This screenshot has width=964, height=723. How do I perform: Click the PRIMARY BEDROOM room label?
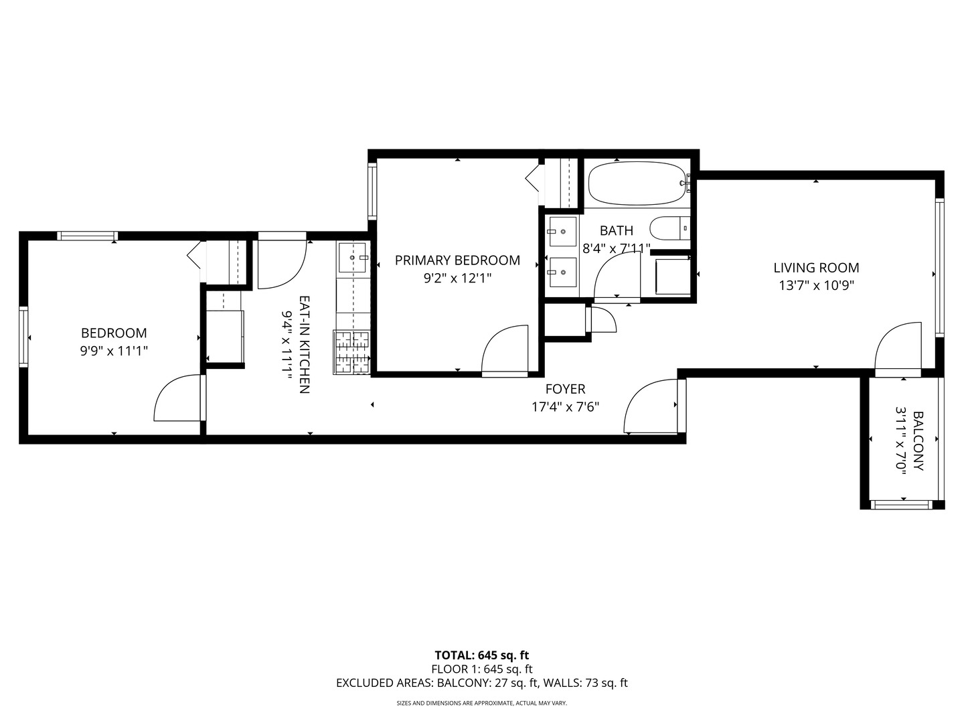(x=457, y=260)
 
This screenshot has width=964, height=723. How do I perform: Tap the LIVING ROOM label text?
(x=816, y=268)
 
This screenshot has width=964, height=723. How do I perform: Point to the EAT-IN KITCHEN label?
(x=303, y=345)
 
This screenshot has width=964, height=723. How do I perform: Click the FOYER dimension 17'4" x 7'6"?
(x=565, y=406)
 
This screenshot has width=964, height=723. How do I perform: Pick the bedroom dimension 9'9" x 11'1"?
(x=114, y=349)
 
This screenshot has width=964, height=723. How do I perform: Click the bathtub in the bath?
(x=637, y=183)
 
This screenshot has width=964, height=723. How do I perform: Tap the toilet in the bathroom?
(x=669, y=228)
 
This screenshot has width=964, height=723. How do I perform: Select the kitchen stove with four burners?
(x=352, y=353)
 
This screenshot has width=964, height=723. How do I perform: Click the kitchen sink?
(x=352, y=258)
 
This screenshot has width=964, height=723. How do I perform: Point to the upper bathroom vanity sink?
(x=562, y=232)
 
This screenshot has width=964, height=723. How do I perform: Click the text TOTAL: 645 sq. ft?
(x=481, y=655)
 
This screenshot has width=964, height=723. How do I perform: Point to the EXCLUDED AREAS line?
(x=481, y=684)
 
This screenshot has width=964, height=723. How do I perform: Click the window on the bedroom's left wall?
(x=24, y=336)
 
